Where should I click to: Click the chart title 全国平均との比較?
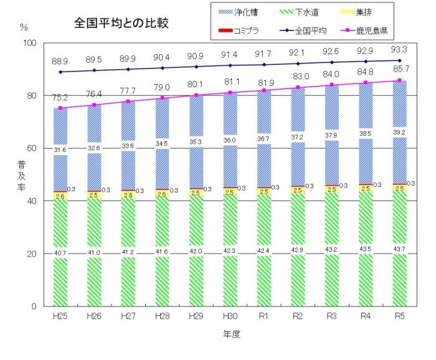121,23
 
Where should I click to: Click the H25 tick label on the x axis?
60,316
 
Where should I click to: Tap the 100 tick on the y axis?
30,42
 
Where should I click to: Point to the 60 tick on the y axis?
32,148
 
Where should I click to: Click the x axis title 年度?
231,334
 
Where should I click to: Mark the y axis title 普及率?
22,176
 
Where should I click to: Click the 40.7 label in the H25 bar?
60,252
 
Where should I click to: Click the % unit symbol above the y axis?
24,27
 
